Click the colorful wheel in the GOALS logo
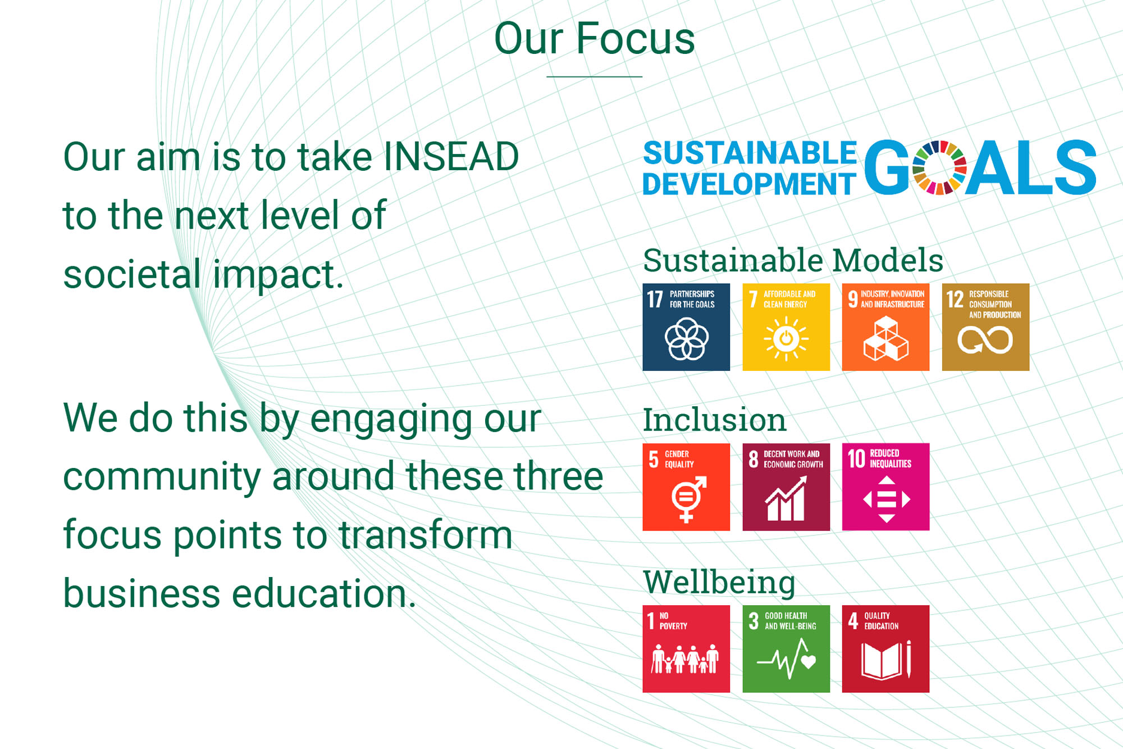939,167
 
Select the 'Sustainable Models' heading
793,260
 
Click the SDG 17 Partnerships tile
686,327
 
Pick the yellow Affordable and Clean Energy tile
786,327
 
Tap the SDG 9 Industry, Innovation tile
885,327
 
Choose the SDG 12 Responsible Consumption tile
985,327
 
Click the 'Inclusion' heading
714,420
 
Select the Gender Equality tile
686,487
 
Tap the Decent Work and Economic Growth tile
786,487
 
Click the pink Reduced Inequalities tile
885,487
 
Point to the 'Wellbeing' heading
719,582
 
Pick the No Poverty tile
686,648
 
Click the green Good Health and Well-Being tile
786,648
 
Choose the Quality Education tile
885,648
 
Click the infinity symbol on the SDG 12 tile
985,340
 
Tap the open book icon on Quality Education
882,661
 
